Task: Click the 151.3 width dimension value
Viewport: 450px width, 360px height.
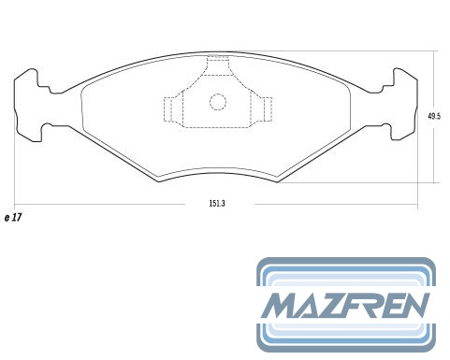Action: coord(217,204)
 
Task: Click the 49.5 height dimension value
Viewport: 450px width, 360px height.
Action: coord(434,117)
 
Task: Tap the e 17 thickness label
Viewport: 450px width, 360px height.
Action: coord(13,217)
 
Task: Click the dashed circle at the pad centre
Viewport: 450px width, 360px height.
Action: coord(218,102)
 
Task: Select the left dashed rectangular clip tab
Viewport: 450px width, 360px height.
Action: coord(169,109)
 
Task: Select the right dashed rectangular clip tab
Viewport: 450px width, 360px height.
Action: coord(266,109)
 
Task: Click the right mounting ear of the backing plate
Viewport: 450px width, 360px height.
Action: coord(402,105)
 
